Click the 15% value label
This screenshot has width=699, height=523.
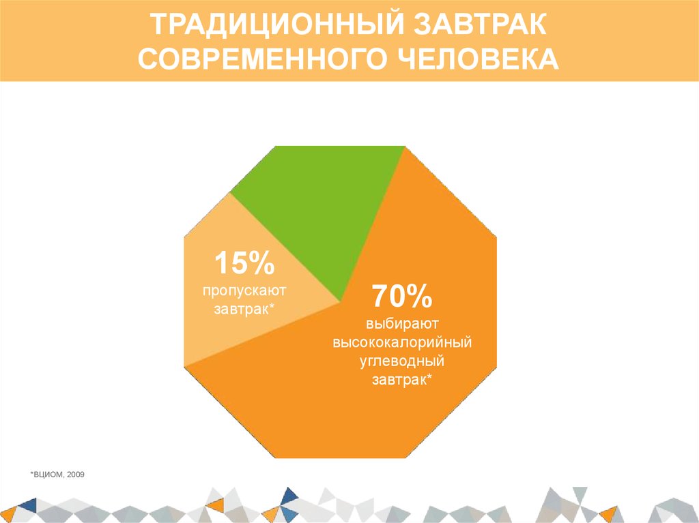click(x=244, y=263)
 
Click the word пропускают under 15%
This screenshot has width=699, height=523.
click(x=244, y=290)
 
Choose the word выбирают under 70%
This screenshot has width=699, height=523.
click(x=402, y=321)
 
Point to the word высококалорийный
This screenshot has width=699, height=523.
click(x=402, y=340)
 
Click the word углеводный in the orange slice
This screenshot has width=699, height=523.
click(x=402, y=359)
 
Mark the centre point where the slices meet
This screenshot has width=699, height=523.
click(x=341, y=301)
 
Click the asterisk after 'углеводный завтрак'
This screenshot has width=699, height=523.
click(x=429, y=376)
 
